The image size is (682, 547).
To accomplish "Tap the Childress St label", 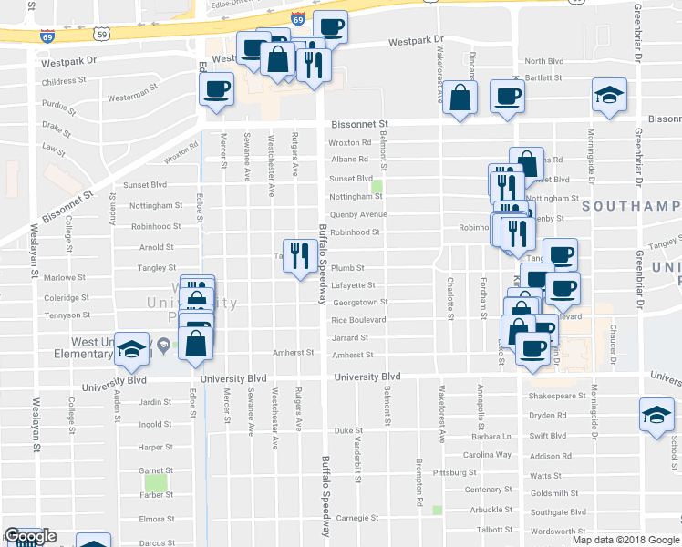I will point(64,80).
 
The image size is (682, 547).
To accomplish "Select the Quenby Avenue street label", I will point(358,215).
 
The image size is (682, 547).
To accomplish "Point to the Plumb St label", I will point(347,268).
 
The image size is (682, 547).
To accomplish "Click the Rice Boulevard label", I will point(358,320).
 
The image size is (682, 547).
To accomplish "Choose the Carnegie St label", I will point(357,517).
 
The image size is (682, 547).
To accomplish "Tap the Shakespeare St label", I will point(557,397).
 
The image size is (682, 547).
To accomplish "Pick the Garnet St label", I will point(155,470).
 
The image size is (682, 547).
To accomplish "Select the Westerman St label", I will point(128,95).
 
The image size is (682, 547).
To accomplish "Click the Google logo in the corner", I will point(29,536).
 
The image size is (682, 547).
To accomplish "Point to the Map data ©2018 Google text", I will point(625,540).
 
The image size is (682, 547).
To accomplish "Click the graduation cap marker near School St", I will point(656,415).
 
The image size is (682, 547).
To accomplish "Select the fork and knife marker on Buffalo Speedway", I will point(301,255).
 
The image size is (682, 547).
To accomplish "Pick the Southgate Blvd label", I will point(558,511).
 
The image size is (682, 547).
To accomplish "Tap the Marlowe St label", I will point(64,277).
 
